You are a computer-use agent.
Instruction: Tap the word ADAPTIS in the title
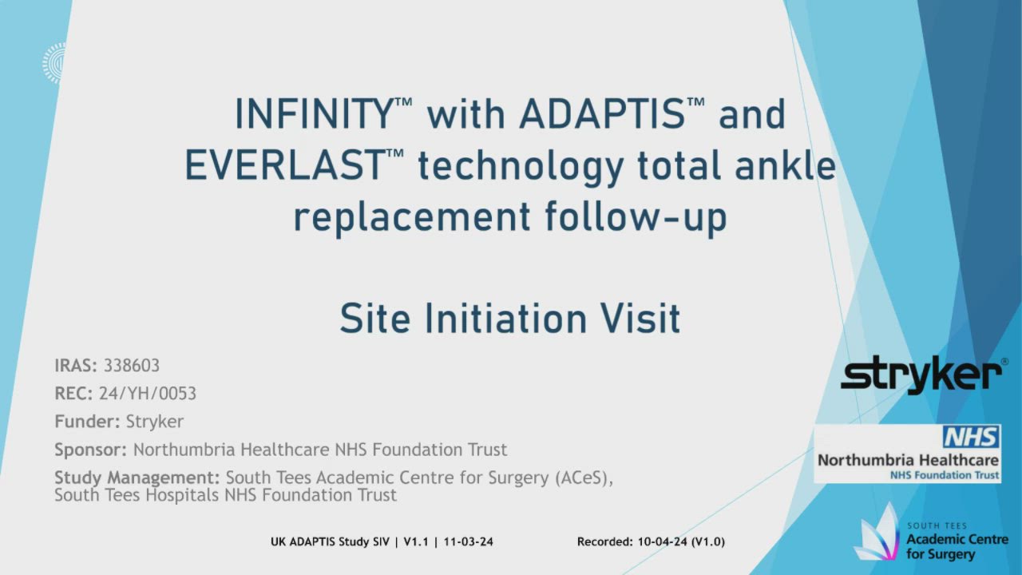[x=600, y=114]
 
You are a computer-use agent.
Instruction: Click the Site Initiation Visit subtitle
[x=509, y=319]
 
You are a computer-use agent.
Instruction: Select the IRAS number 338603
[x=132, y=366]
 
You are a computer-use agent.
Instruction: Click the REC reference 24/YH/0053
[x=148, y=394]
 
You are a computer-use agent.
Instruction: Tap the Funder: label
[x=88, y=422]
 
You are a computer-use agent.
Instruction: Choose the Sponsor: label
[x=91, y=450]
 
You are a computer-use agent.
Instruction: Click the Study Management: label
[x=137, y=478]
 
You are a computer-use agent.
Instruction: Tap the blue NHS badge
[x=971, y=437]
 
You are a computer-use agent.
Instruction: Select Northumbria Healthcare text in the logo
[x=908, y=461]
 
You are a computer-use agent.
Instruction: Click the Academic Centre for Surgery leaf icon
[x=879, y=535]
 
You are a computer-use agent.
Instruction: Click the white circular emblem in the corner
[x=53, y=62]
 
